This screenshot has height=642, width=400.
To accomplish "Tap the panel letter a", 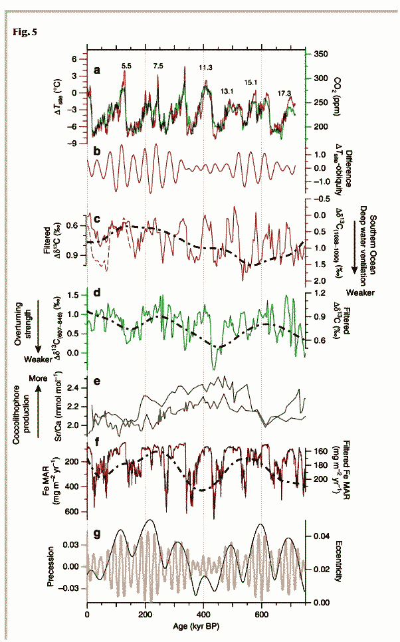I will pos(98,68).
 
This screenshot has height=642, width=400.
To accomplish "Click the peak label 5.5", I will pos(126,66).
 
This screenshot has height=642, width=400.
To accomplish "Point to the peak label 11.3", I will pos(205,67).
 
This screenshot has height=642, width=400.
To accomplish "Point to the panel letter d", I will pos(98,292).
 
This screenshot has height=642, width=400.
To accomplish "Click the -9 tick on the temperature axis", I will pos(76,142).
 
